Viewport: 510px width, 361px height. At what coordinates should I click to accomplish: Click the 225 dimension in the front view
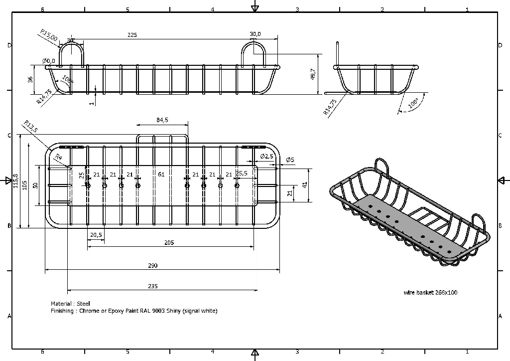coord(132,35)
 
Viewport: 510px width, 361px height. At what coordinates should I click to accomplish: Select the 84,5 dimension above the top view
coord(162,120)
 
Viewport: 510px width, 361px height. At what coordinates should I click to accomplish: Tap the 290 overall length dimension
coord(153,266)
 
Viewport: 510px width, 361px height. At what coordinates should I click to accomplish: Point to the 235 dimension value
coord(153,286)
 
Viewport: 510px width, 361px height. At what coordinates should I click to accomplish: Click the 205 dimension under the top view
coord(170,243)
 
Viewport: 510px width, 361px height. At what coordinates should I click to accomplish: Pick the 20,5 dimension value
coord(96,235)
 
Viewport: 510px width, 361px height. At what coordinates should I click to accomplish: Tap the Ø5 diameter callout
coord(290,160)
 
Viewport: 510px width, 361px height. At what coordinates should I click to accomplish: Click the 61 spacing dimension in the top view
coord(161,175)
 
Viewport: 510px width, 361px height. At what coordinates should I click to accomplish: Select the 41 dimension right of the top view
coord(305,184)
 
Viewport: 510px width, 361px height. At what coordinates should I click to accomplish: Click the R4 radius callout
coord(58,157)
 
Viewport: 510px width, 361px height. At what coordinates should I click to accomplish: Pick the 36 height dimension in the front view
coord(30,79)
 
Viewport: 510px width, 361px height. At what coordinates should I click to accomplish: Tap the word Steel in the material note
coord(83,304)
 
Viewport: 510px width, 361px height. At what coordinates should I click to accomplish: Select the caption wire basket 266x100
coord(430,293)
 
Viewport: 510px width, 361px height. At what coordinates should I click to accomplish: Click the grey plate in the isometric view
coord(408,224)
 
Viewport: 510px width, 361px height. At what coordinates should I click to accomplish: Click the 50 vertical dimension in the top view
coord(35,185)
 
